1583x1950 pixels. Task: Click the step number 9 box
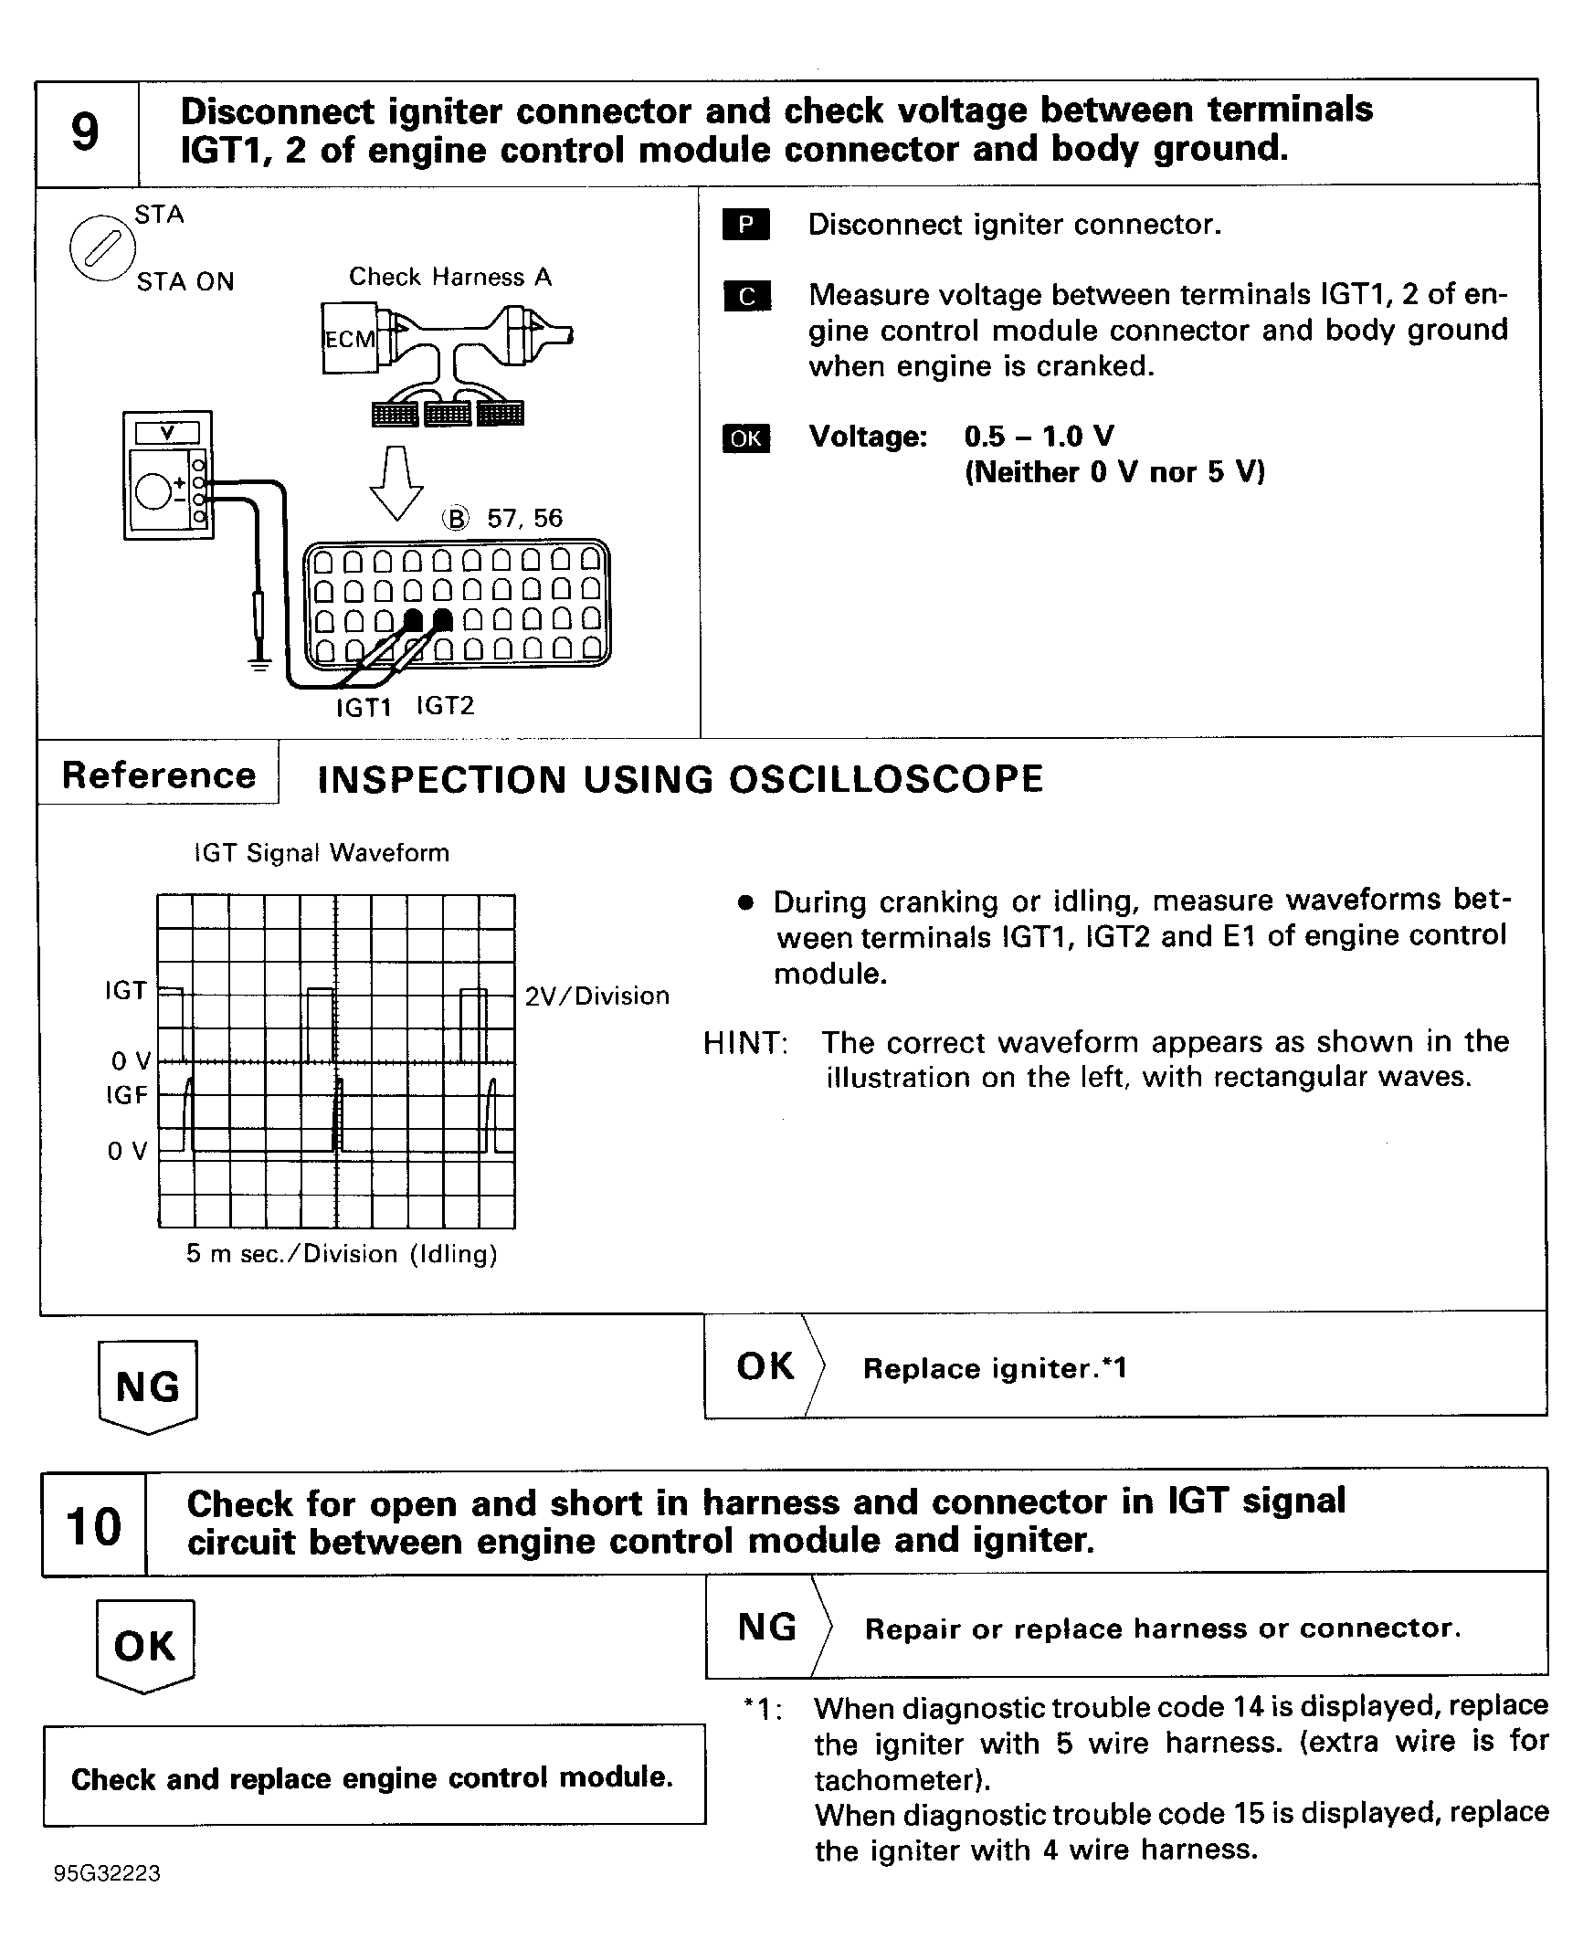coord(86,132)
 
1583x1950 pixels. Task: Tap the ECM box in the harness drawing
coord(350,339)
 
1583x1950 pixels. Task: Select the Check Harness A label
coord(450,277)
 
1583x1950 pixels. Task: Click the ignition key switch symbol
coord(101,248)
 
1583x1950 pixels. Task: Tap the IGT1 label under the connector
coord(364,708)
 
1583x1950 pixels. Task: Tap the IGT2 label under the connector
coord(446,706)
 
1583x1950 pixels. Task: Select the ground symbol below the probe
coord(260,664)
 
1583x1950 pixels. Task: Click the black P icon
coord(745,225)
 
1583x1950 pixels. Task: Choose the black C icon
coord(746,296)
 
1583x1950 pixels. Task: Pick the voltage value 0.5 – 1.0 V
coord(1039,437)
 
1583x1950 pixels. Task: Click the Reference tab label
coord(159,775)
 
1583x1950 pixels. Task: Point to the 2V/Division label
coord(596,996)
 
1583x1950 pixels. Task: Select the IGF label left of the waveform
coord(126,1095)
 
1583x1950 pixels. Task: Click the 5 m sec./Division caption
coord(342,1254)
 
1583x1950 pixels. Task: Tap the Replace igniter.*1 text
coord(995,1368)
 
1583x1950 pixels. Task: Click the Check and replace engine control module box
coord(373,1777)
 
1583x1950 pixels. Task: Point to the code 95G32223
coord(108,1874)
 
